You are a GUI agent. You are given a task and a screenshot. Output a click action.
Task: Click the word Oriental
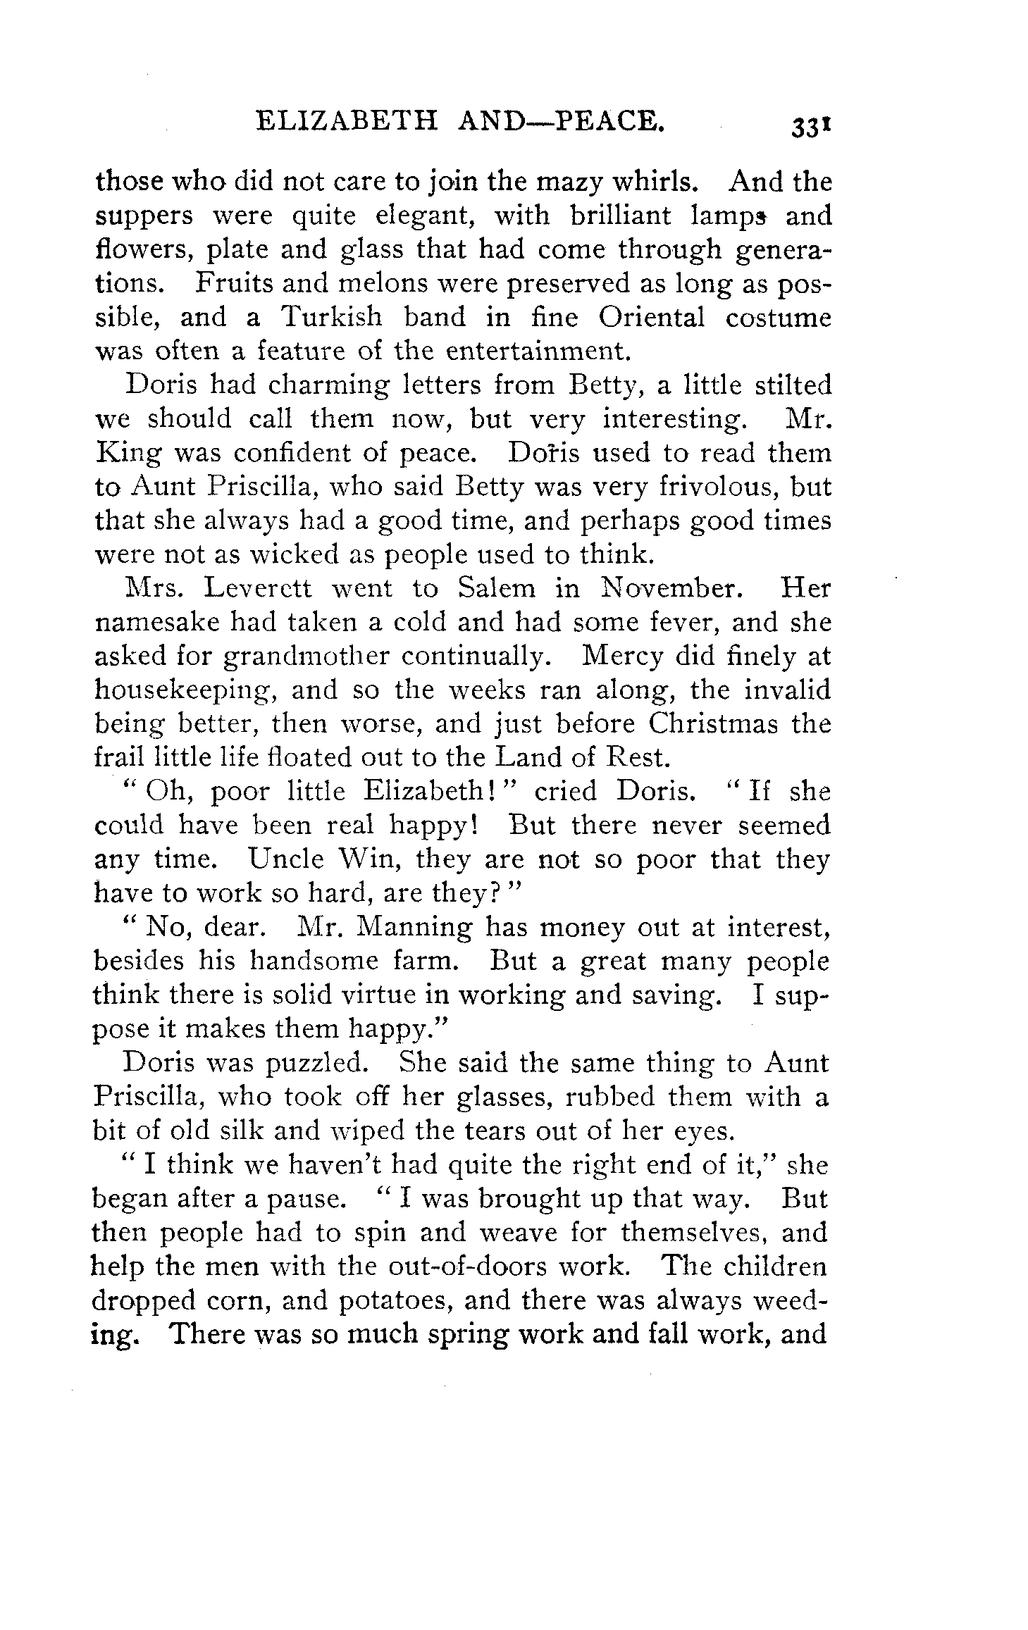coord(652,318)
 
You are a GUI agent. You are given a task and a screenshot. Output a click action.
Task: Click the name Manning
coord(414,928)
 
